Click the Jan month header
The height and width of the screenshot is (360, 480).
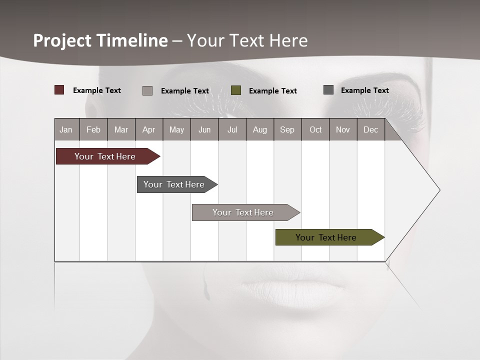[x=66, y=129]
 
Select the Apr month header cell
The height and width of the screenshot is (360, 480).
[x=149, y=129]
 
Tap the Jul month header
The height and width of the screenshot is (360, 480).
[x=232, y=129]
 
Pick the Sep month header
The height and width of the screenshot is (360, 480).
[x=287, y=129]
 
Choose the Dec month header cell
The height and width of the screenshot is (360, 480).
[x=370, y=129]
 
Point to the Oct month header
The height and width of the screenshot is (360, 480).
[x=315, y=129]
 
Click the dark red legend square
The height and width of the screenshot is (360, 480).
[x=59, y=90]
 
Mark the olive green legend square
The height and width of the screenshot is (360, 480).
[x=236, y=90]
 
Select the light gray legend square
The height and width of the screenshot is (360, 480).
[x=147, y=90]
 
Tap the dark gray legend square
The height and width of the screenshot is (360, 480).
[x=328, y=90]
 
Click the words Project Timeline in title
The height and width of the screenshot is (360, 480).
[x=100, y=40]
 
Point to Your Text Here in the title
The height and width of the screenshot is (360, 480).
[x=247, y=40]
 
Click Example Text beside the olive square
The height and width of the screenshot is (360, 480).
[x=273, y=91]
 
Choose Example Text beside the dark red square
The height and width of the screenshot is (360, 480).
[x=97, y=90]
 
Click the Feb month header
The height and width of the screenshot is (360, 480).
[x=93, y=129]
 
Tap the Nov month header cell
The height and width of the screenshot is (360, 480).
[x=343, y=129]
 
